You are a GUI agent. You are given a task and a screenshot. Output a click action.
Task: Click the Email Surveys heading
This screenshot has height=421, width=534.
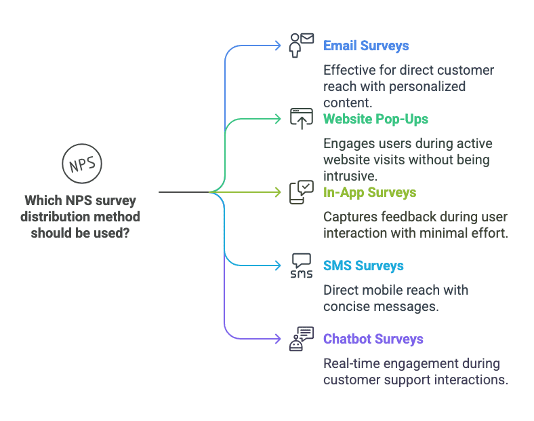click(366, 46)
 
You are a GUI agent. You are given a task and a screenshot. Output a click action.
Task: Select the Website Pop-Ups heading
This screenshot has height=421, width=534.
click(375, 119)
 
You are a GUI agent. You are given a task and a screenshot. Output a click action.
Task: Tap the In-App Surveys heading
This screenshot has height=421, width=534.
click(369, 192)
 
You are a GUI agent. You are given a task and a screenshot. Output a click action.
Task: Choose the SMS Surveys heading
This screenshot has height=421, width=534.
click(363, 266)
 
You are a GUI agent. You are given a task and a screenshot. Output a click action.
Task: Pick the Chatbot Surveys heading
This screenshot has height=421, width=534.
click(373, 339)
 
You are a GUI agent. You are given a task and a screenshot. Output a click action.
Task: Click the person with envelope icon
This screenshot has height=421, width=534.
click(301, 45)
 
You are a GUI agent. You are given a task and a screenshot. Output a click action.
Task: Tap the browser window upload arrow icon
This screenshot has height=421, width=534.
click(301, 118)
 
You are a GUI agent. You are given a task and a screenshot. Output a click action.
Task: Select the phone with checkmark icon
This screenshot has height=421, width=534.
click(301, 191)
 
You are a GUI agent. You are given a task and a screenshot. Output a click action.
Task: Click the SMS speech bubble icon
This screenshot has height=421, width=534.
click(301, 265)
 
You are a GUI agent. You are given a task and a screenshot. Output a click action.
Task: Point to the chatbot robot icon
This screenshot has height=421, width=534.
click(301, 338)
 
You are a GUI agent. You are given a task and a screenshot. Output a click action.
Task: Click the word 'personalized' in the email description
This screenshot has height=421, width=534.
click(425, 87)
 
